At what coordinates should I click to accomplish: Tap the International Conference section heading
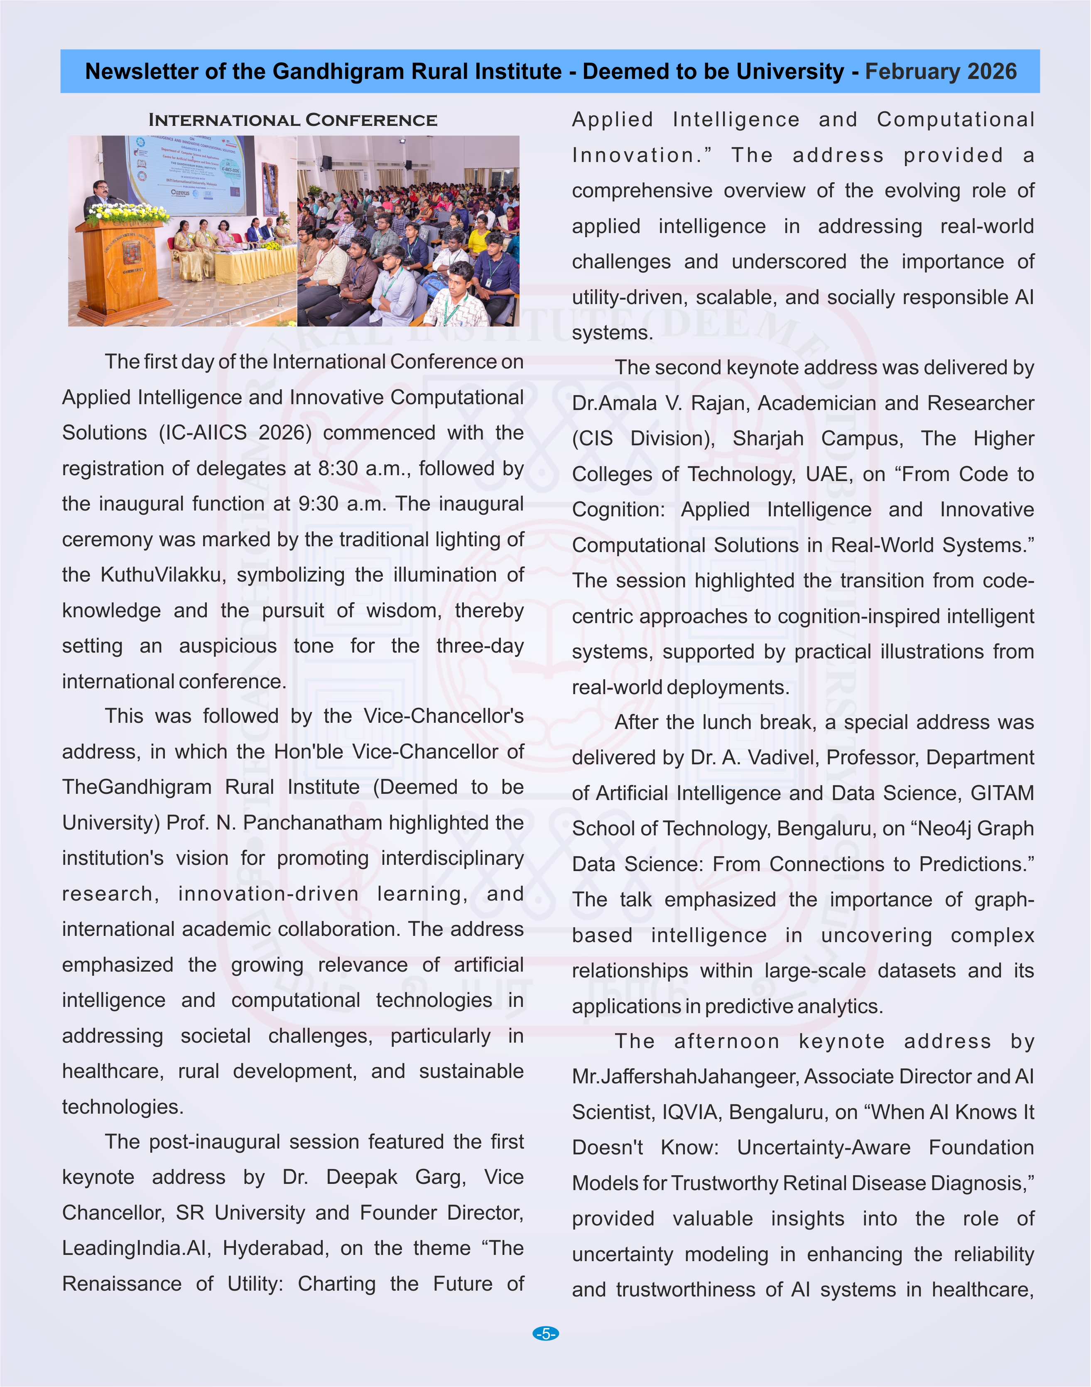[293, 120]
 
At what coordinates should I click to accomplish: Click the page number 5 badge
[546, 1334]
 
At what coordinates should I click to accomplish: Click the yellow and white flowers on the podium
[128, 213]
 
